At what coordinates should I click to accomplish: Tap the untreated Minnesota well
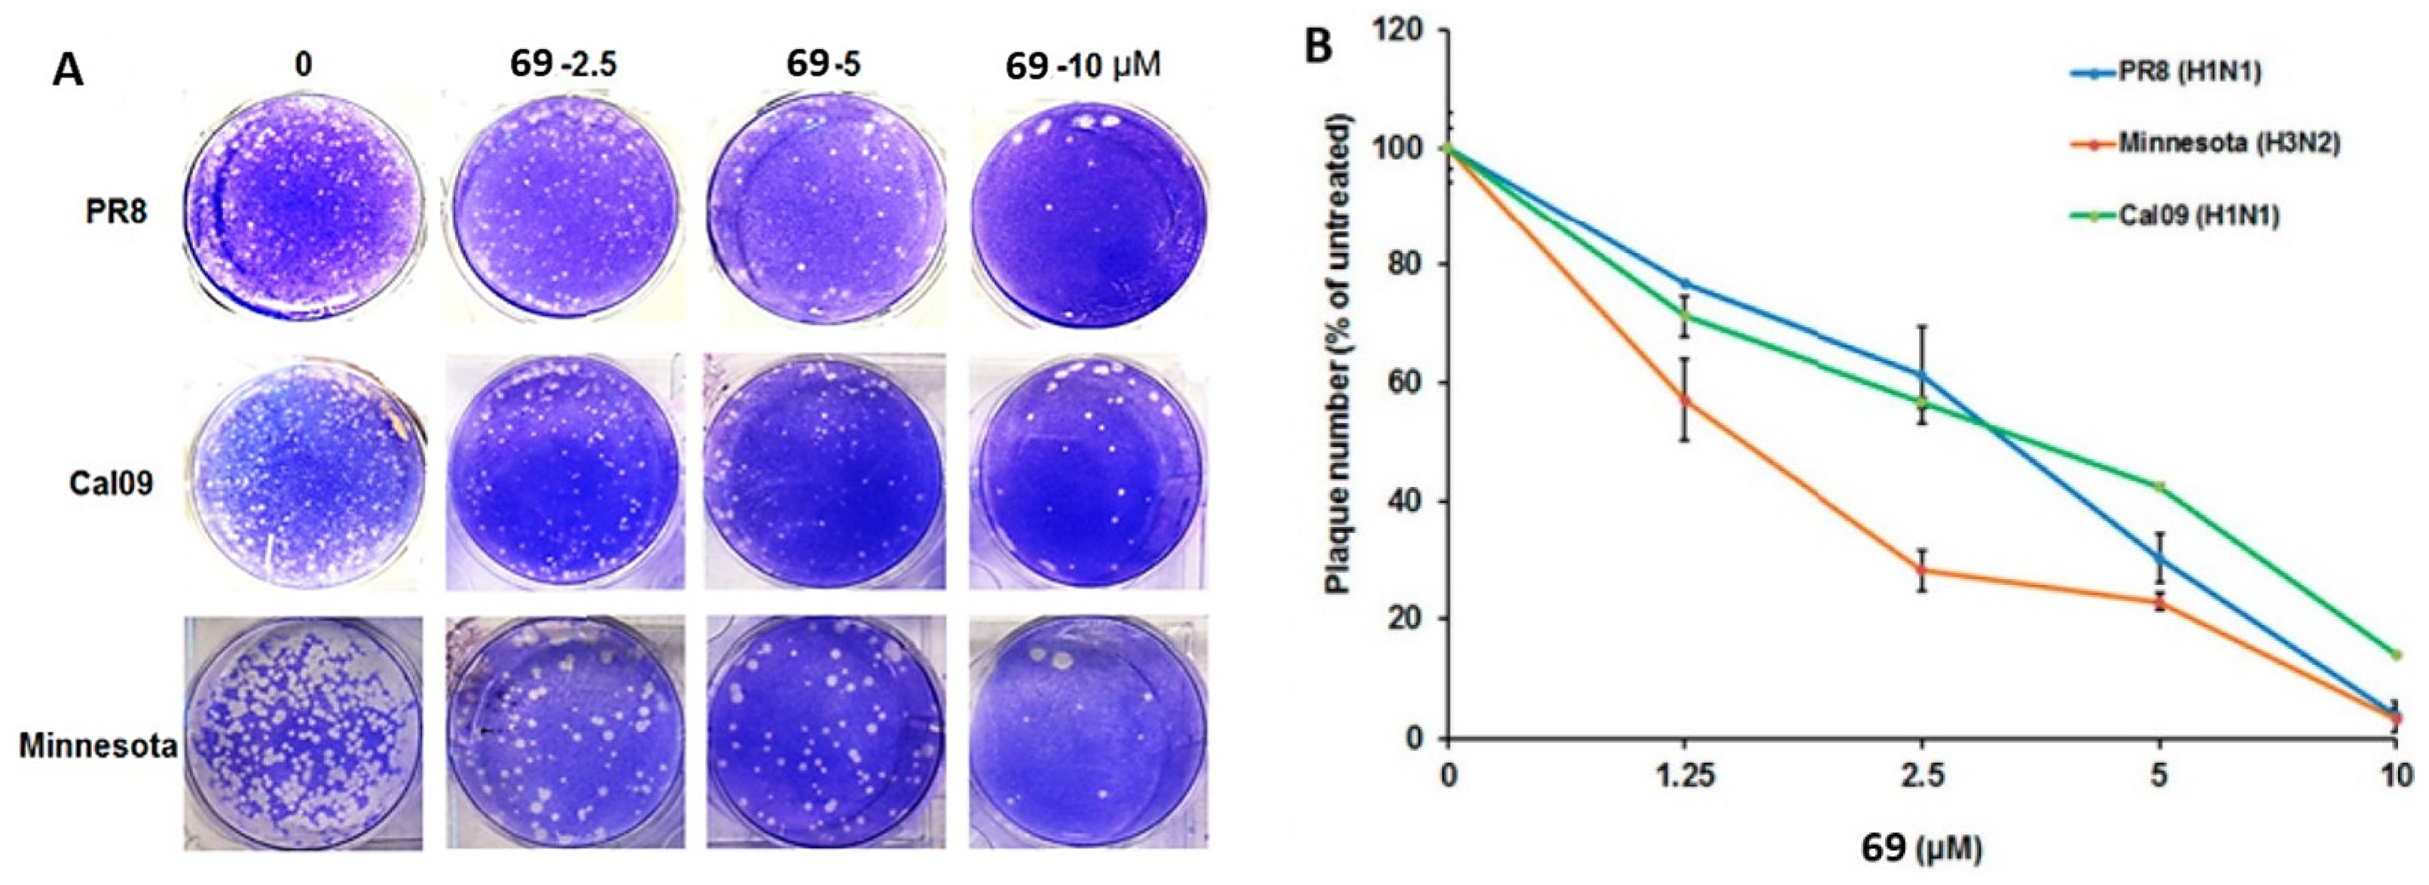click(x=301, y=732)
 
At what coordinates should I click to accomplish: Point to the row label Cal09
click(x=112, y=484)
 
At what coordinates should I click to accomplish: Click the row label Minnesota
click(x=98, y=746)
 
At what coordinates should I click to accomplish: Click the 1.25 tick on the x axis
click(x=1684, y=776)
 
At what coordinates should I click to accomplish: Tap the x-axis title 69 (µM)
click(x=1920, y=848)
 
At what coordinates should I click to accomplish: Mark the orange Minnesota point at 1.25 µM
click(x=1684, y=400)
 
